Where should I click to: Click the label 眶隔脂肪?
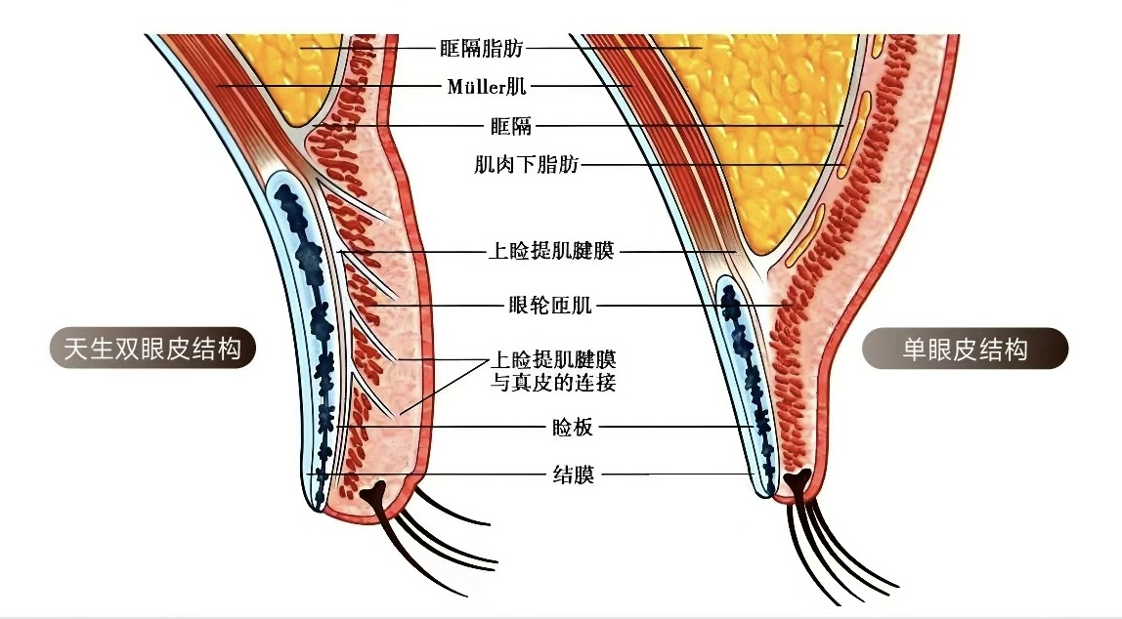coord(481,47)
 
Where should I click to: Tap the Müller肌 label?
coord(487,87)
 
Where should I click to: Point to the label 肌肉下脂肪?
coord(527,165)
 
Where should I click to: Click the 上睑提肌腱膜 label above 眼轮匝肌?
coord(550,252)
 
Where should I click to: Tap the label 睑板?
coord(573,427)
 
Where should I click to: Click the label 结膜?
coord(573,475)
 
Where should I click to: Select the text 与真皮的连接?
coord(553,383)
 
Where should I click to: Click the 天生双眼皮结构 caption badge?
coord(152,349)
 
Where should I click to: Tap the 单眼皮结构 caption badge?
coord(965,349)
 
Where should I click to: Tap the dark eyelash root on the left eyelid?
coord(376,493)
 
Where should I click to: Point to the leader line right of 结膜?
coord(625,475)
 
